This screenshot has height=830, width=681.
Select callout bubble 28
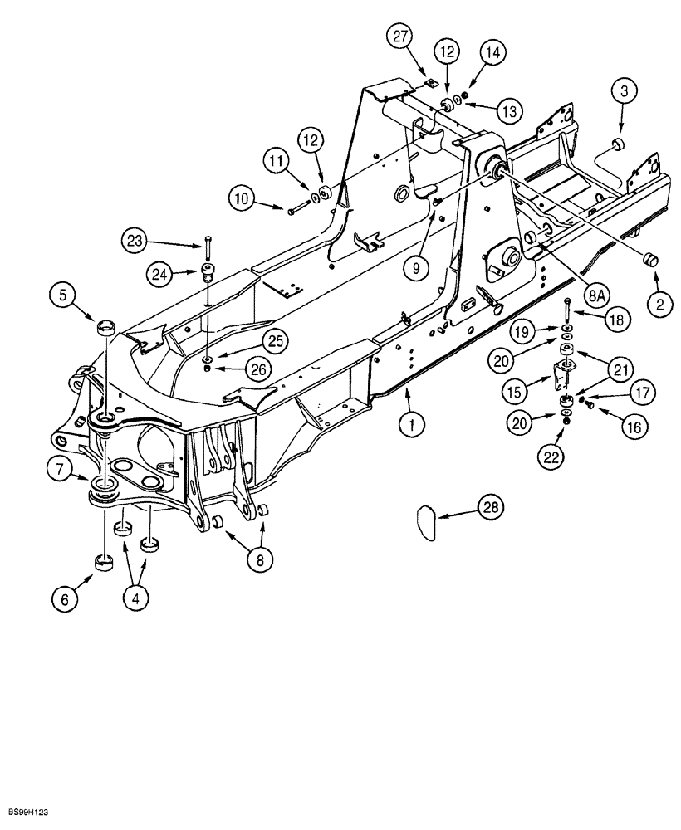click(489, 508)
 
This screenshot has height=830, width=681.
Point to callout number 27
click(401, 38)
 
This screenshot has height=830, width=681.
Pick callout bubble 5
click(65, 295)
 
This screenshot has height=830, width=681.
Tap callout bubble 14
click(492, 52)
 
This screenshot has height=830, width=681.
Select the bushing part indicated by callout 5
click(106, 325)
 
